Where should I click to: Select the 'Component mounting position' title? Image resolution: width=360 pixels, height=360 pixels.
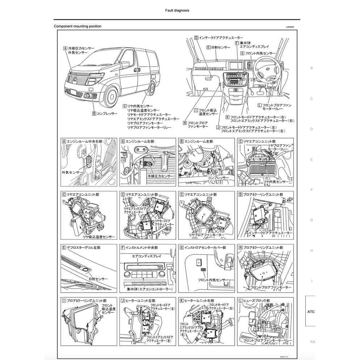pos(78,26)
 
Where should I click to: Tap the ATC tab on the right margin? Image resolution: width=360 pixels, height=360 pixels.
pos(311,311)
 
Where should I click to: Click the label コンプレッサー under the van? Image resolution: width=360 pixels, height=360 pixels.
pos(107,113)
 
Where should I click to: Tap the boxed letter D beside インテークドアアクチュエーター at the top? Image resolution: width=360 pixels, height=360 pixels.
pos(196,37)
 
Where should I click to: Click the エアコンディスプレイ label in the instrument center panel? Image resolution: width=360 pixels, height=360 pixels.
pos(138,255)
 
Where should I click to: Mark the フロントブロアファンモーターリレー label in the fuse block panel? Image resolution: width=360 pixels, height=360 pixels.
pos(267,341)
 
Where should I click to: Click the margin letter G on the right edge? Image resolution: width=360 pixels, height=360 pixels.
pos(311,220)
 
